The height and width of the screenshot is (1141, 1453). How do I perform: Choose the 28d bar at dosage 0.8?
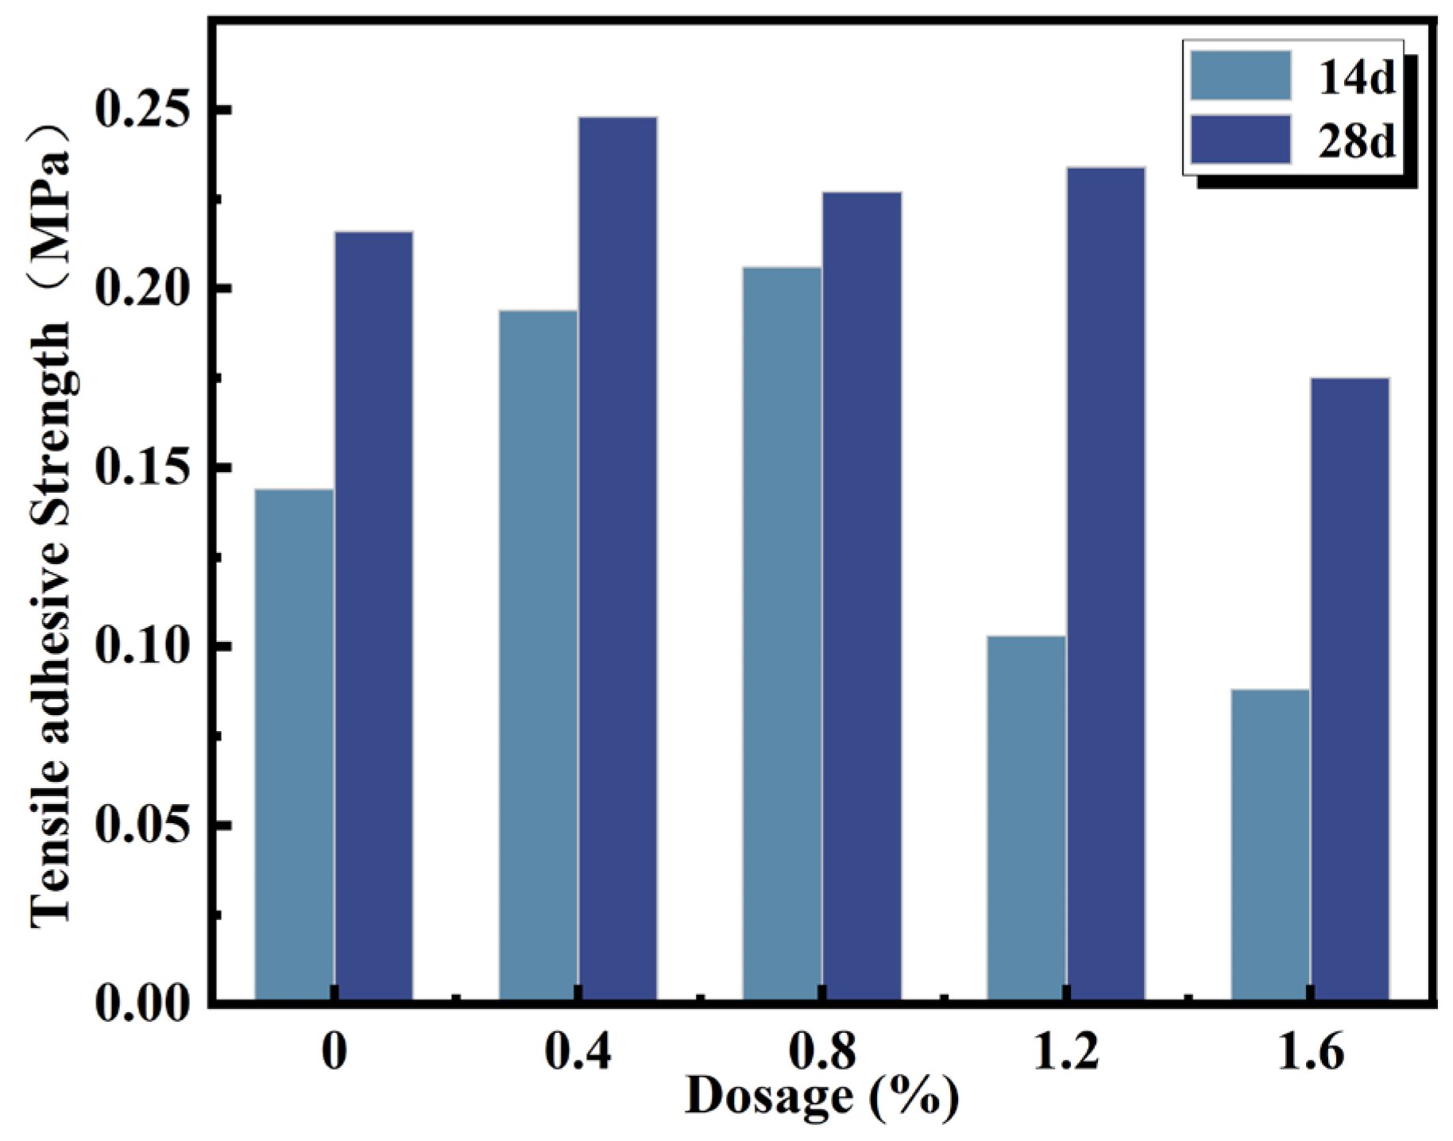[862, 596]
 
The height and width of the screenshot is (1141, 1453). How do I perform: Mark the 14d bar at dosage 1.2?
[1026, 818]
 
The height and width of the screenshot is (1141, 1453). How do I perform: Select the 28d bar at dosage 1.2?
[1106, 583]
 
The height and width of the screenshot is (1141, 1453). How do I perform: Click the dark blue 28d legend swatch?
[1241, 140]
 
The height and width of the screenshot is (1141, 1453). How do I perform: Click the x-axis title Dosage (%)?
[822, 1097]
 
